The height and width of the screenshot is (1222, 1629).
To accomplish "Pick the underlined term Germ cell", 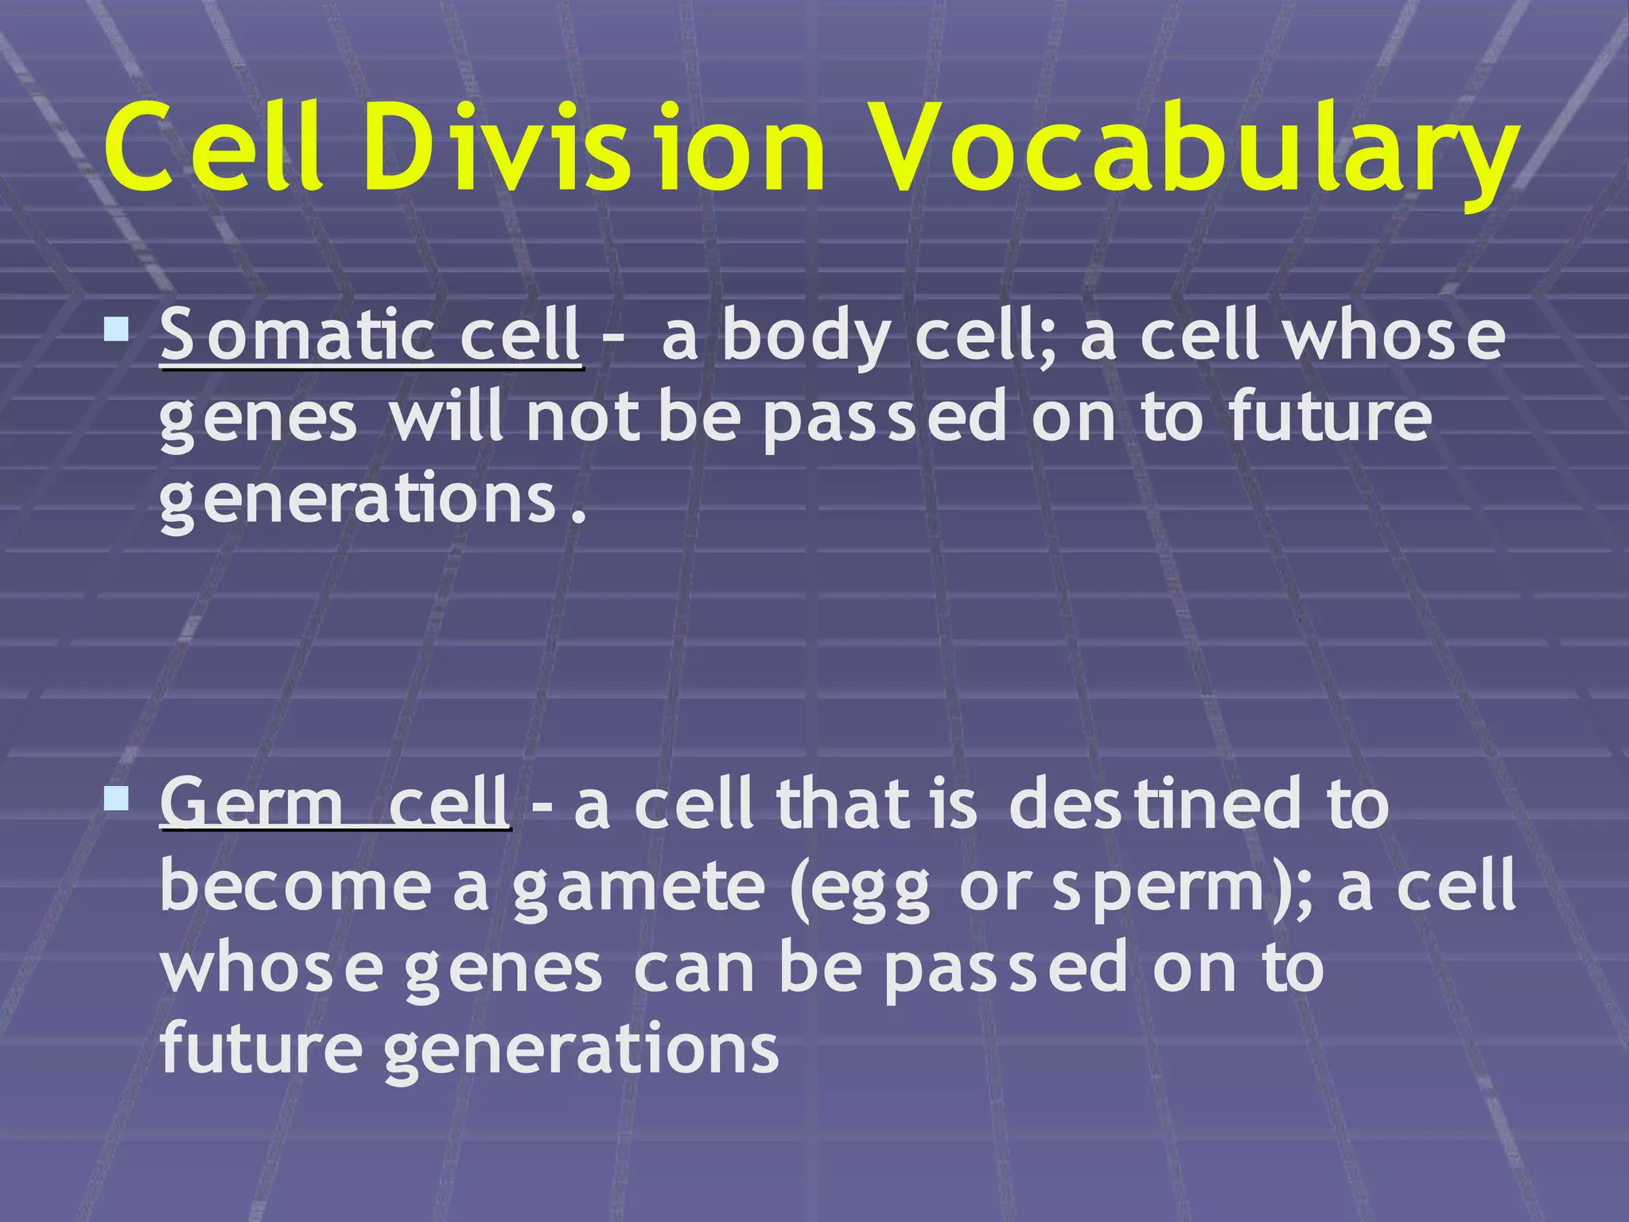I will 334,804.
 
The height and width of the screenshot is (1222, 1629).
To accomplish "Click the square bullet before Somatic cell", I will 116,329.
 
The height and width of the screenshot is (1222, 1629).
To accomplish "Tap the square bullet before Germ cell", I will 116,797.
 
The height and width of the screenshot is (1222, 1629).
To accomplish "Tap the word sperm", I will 1161,889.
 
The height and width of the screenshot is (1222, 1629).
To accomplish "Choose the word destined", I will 1153,804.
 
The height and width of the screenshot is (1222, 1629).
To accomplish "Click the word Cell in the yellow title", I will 215,151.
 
